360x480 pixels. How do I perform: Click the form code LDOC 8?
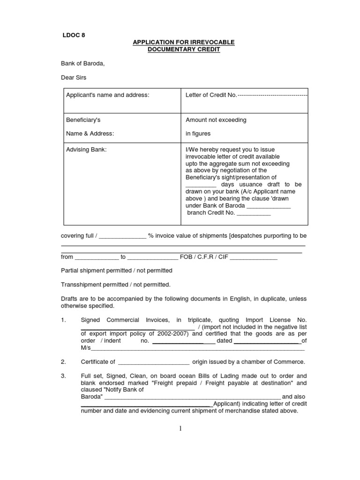coord(74,35)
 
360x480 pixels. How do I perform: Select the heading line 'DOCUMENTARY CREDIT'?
coord(183,49)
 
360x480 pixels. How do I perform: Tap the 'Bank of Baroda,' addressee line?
coord(82,64)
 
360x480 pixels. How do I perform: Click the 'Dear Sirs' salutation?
coord(74,77)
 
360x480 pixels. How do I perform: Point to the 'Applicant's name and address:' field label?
coord(107,95)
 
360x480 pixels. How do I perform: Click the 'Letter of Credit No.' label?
coord(211,95)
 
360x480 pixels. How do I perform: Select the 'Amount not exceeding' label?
coord(216,120)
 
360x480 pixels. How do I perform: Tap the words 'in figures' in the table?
coord(198,134)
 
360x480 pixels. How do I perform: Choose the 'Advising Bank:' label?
coord(86,150)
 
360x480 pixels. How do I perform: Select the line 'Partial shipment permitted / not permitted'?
coord(117,270)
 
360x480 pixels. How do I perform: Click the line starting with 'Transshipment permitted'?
coord(116,285)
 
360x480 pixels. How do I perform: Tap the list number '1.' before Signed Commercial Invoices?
coord(64,320)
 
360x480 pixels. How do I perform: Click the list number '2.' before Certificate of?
coord(64,362)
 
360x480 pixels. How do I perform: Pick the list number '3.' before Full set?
coord(64,376)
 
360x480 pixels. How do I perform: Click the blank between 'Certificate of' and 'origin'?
coord(153,362)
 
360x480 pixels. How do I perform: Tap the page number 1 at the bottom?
coord(180,428)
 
